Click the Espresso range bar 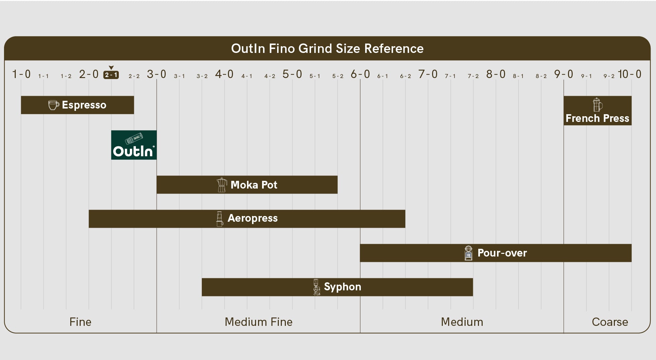(77, 105)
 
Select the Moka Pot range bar (247, 185)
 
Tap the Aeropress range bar (247, 219)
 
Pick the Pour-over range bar (496, 253)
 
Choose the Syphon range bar (337, 287)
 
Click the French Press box (597, 111)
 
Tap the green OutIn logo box (134, 145)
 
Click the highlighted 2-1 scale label (111, 75)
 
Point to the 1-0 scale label (21, 74)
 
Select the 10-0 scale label (630, 74)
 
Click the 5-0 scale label (292, 74)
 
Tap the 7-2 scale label (473, 76)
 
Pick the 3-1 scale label (179, 76)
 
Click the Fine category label (80, 322)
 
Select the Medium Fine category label (259, 322)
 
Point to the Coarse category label (610, 322)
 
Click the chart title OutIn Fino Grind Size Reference (327, 49)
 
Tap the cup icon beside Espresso (54, 105)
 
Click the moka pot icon (222, 185)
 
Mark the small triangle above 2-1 (111, 68)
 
